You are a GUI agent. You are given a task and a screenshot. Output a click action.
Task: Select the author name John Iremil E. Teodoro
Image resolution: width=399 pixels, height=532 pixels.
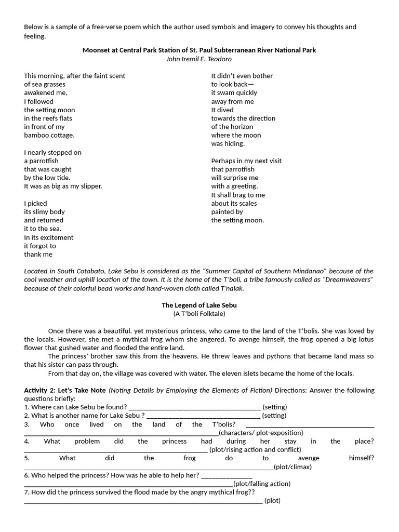click(199, 59)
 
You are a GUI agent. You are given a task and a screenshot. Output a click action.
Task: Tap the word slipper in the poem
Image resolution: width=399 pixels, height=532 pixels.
click(91, 186)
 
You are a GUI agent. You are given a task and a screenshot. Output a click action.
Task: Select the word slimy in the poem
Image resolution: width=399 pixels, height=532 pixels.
click(44, 212)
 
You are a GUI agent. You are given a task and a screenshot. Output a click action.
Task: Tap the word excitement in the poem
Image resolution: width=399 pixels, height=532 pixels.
click(53, 237)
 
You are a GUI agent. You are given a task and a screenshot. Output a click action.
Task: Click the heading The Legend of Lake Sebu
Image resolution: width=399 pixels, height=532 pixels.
click(199, 305)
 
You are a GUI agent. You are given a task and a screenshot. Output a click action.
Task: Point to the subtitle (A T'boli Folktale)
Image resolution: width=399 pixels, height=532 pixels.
click(199, 314)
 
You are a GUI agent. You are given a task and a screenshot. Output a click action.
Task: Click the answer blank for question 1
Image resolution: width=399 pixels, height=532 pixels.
click(194, 407)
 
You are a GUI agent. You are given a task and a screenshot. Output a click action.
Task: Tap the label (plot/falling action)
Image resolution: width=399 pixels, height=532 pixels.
click(262, 484)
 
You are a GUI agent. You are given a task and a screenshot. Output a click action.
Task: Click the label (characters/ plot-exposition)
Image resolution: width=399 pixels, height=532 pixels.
click(261, 433)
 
